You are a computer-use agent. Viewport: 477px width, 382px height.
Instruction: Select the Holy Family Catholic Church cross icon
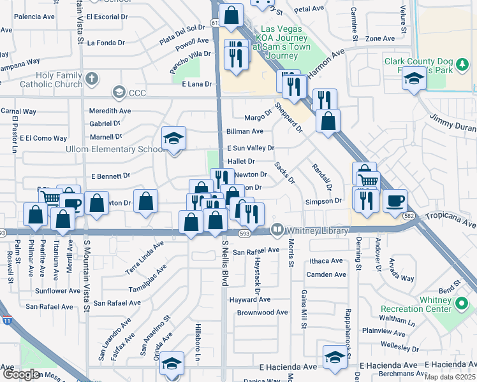pyautogui.click(x=92, y=80)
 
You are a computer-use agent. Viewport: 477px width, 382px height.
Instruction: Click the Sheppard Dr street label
pyautogui.click(x=288, y=117)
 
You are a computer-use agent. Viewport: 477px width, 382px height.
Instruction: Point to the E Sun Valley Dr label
pyautogui.click(x=251, y=148)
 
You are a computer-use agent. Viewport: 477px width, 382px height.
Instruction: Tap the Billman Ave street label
pyautogui.click(x=245, y=131)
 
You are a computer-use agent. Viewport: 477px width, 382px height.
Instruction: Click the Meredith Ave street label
pyautogui.click(x=110, y=111)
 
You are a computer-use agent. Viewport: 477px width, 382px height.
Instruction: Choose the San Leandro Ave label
pyautogui.click(x=105, y=344)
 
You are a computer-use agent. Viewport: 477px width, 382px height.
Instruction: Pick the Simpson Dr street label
pyautogui.click(x=324, y=201)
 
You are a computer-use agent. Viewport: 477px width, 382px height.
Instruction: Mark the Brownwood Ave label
pyautogui.click(x=262, y=313)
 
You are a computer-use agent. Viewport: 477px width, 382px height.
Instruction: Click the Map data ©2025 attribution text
pyautogui.click(x=450, y=377)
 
